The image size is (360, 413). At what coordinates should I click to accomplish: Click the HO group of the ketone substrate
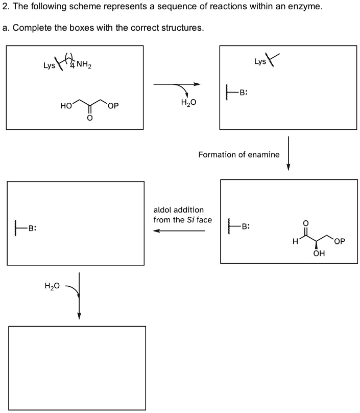[65, 106]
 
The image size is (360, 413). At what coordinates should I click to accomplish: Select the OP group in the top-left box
[113, 106]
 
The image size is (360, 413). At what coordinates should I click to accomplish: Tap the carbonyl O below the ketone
[89, 119]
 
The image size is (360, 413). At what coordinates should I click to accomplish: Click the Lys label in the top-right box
[260, 62]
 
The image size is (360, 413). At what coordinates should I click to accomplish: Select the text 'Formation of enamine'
[238, 154]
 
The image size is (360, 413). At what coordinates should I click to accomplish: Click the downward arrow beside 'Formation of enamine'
[289, 153]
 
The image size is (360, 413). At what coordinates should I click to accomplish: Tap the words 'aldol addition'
[178, 210]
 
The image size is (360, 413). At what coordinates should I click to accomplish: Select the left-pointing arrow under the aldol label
[179, 231]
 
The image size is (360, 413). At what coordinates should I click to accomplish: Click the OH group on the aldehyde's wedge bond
[319, 254]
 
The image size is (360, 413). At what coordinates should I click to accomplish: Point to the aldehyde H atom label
[295, 242]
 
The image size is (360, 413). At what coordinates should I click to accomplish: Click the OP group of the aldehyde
[339, 242]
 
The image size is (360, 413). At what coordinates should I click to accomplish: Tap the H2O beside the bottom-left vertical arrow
[53, 286]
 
